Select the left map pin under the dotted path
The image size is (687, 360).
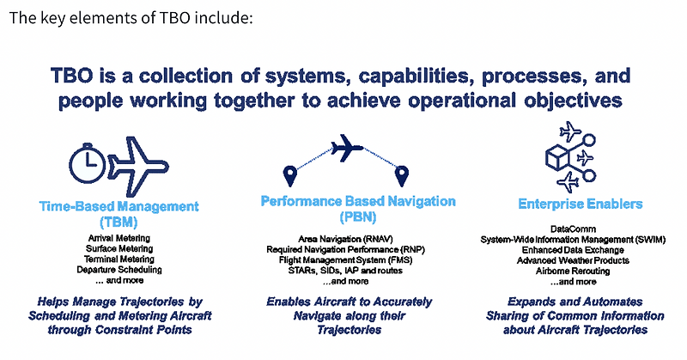pyautogui.click(x=290, y=176)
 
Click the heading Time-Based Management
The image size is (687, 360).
pyautogui.click(x=119, y=206)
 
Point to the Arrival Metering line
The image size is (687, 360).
pyautogui.click(x=119, y=237)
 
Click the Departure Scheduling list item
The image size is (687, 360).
pyautogui.click(x=119, y=270)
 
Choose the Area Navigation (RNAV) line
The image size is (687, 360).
pyautogui.click(x=346, y=237)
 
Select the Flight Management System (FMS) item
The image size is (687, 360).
pyautogui.click(x=346, y=259)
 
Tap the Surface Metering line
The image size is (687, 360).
pyautogui.click(x=119, y=248)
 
